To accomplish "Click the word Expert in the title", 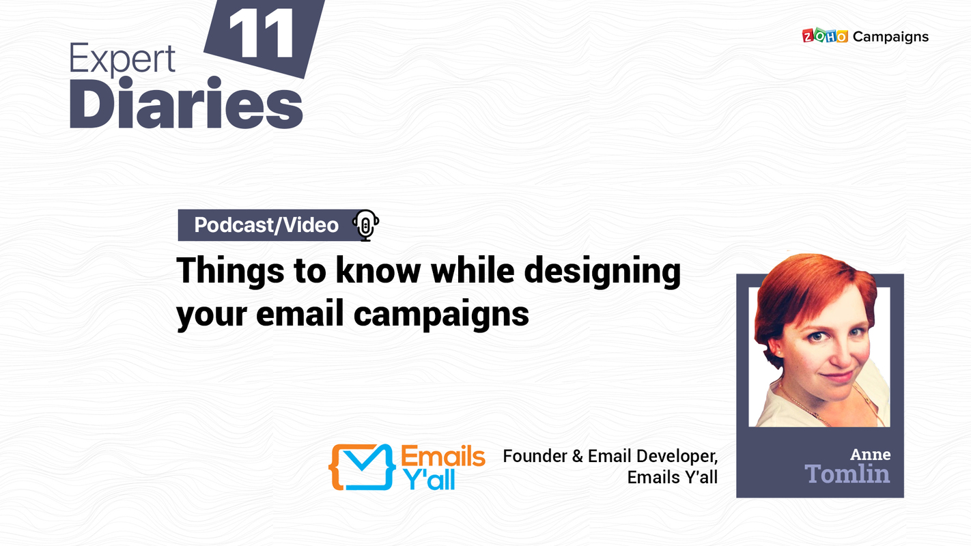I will [122, 59].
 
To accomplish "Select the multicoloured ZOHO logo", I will [824, 36].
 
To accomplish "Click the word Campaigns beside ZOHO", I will [890, 37].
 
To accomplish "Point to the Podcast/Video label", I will [266, 225].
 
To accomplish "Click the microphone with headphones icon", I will [366, 225].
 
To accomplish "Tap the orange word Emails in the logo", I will [443, 457].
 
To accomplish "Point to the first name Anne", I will [870, 455].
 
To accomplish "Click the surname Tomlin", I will [847, 474].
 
